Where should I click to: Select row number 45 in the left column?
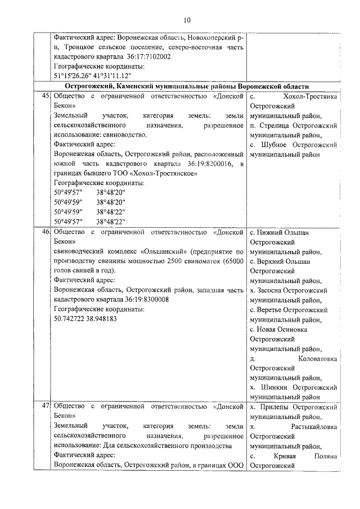tap(46, 97)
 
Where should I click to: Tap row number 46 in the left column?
tap(46, 232)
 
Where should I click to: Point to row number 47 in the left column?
tap(46, 406)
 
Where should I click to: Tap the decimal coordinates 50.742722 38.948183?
tap(85, 319)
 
